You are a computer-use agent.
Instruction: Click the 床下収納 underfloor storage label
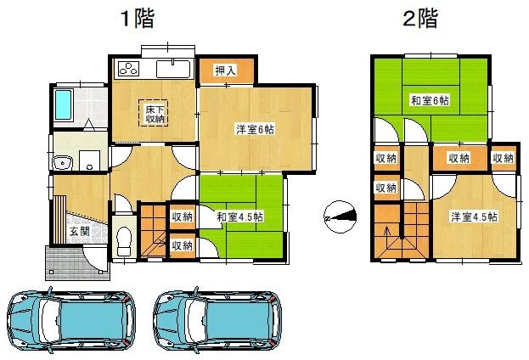point(154,113)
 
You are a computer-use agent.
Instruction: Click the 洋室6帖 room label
point(254,130)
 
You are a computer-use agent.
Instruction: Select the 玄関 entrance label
point(79,231)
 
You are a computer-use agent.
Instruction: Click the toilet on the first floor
point(123,239)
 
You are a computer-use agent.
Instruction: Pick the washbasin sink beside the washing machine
point(62,163)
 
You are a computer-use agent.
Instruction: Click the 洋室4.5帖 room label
point(473,216)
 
